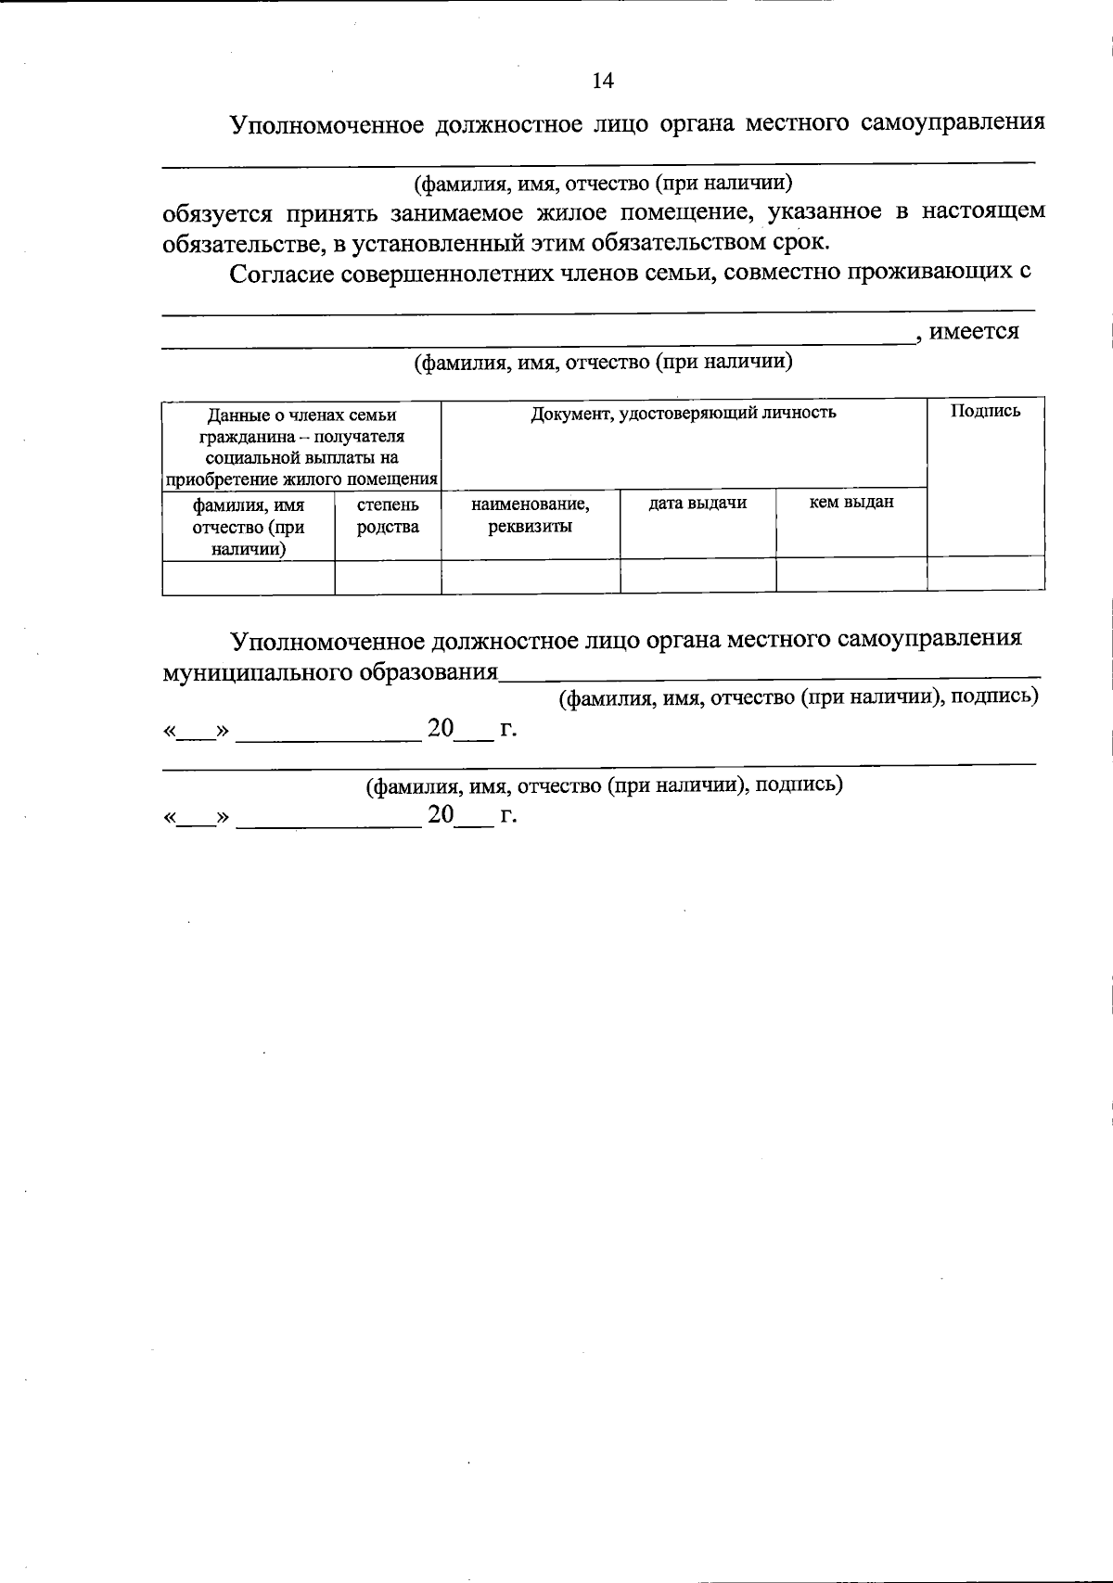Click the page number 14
602,81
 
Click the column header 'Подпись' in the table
985,411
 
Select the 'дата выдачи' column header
697,503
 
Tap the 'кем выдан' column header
851,503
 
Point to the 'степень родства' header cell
388,516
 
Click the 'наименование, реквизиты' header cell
531,516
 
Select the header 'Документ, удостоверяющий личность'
684,412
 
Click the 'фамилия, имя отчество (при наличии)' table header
248,527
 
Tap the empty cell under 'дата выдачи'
697,576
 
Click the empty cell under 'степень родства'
388,576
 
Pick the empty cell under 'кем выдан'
851,576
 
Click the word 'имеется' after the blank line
974,332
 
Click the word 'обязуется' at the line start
217,213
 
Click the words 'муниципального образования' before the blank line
330,672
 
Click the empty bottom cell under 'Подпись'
985,574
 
